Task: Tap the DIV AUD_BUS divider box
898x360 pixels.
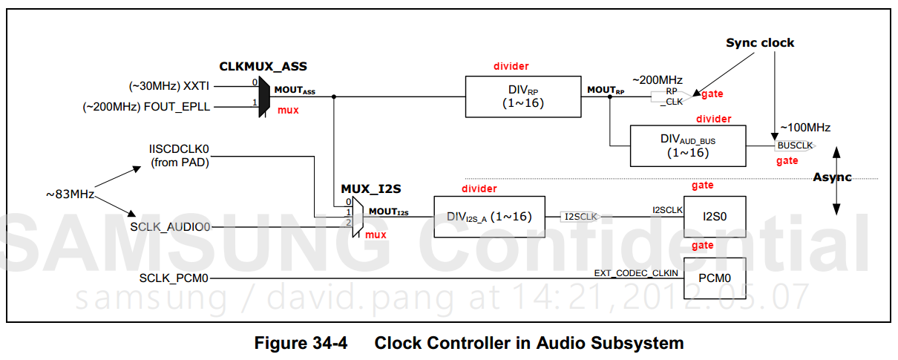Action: coord(686,145)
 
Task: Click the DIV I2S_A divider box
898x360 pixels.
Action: coord(488,217)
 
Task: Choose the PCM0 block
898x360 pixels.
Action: coord(713,278)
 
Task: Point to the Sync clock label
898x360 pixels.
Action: coord(759,43)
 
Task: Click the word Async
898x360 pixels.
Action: coord(832,177)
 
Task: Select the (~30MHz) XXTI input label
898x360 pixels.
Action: coord(169,85)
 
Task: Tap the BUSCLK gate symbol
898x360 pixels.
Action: coord(794,145)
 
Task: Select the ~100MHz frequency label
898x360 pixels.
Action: coord(804,128)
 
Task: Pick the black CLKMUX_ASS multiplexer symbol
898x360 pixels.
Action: coord(263,96)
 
